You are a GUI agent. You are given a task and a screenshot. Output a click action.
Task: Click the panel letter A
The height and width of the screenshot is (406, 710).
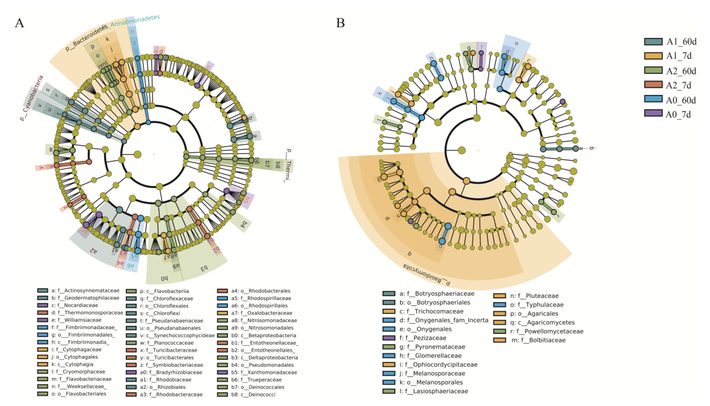pyautogui.click(x=19, y=23)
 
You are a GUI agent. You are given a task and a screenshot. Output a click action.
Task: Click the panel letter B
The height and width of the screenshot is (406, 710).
pyautogui.click(x=340, y=23)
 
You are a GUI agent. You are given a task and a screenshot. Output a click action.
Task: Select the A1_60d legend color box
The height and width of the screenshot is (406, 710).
pyautogui.click(x=653, y=41)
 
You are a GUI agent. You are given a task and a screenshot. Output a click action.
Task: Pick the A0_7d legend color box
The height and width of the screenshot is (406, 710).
pyautogui.click(x=653, y=113)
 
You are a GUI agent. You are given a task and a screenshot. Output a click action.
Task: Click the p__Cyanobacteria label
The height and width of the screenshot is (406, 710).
pyautogui.click(x=32, y=98)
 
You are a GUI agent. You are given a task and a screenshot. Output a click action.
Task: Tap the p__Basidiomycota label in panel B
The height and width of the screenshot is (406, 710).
pyautogui.click(x=426, y=275)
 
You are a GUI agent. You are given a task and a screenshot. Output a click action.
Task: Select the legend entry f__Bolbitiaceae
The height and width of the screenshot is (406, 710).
pyautogui.click(x=538, y=340)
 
